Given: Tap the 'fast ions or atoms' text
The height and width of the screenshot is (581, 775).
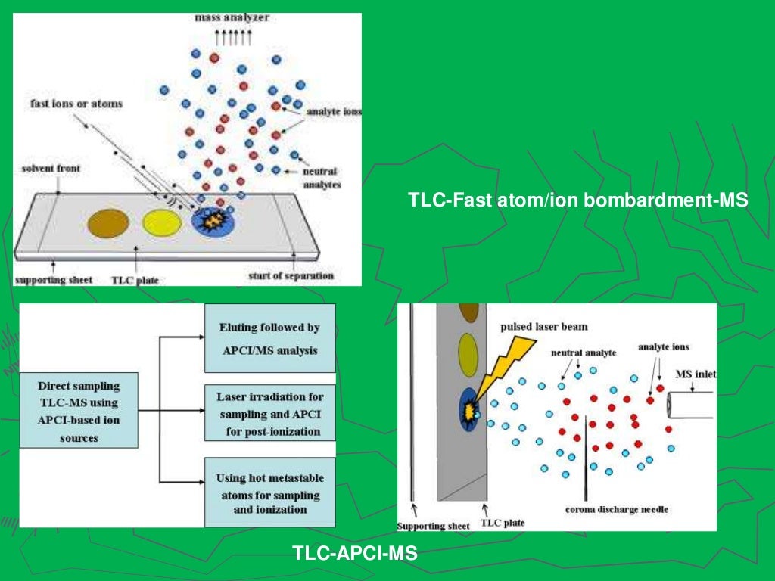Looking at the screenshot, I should point(76,103).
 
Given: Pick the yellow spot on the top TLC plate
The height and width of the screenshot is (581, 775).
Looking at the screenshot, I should point(162,222).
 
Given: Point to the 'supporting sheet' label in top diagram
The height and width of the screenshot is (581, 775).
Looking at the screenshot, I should point(54,280).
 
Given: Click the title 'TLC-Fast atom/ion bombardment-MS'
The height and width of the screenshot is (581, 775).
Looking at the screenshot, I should point(577,201).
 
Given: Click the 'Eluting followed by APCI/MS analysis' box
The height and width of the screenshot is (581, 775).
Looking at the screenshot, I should point(269,338).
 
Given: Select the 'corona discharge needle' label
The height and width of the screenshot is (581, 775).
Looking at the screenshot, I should point(617,509).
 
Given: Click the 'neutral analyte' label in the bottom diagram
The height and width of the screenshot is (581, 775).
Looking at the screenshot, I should point(584,353).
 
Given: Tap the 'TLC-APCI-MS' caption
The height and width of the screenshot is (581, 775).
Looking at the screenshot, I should point(355,555).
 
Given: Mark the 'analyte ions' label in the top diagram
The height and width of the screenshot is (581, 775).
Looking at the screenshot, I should point(334,111).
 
